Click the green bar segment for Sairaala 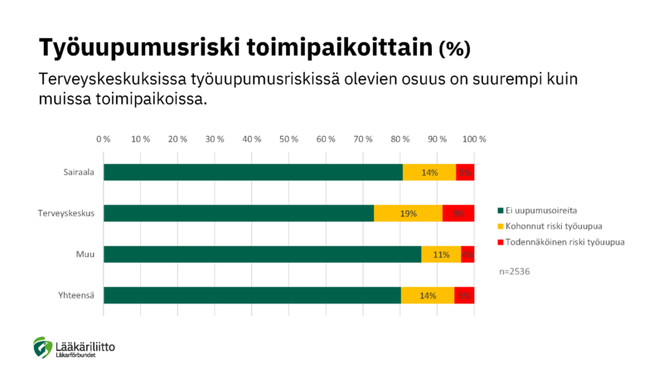click(x=253, y=172)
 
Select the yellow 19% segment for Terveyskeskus click(x=408, y=213)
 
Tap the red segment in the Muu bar click(x=467, y=254)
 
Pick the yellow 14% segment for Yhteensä click(x=428, y=295)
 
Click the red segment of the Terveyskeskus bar click(x=458, y=213)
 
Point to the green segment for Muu click(x=262, y=254)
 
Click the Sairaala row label click(x=79, y=172)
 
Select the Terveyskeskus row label click(x=66, y=213)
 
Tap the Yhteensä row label click(x=75, y=295)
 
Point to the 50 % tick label click(x=289, y=138)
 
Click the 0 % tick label click(x=104, y=138)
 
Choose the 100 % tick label click(x=474, y=138)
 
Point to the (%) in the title click(x=454, y=48)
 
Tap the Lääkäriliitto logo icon click(x=42, y=347)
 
